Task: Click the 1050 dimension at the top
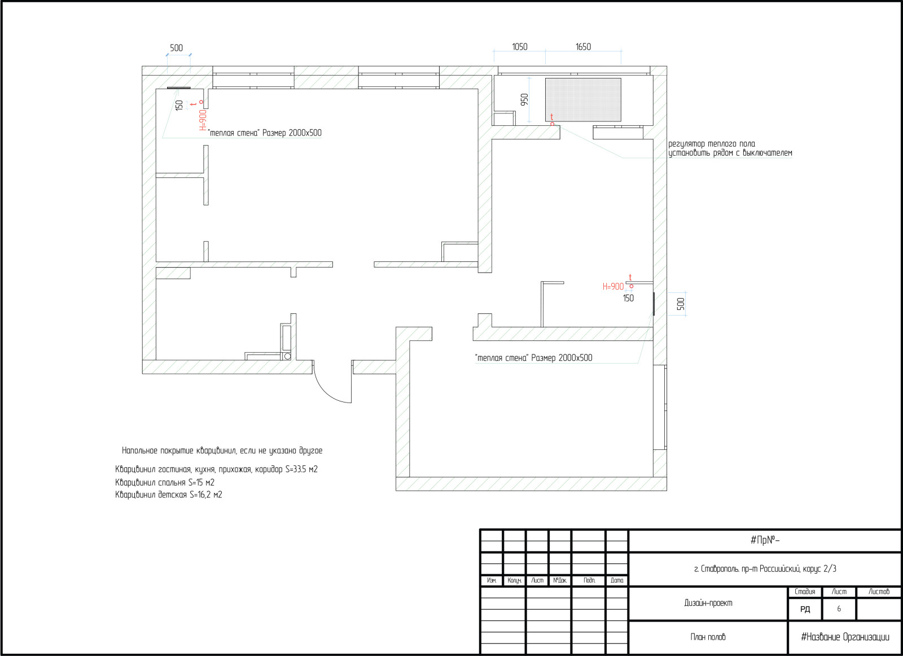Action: (x=520, y=47)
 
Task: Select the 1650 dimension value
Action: (x=583, y=47)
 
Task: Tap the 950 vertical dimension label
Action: (x=524, y=99)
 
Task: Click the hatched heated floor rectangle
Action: (x=583, y=99)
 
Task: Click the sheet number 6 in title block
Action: (x=839, y=609)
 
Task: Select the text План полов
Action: (x=708, y=637)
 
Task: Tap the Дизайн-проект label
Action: (x=708, y=603)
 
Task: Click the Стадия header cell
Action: (x=805, y=592)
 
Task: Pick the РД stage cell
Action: (x=805, y=609)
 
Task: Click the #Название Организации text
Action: (x=845, y=637)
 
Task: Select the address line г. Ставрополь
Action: (x=765, y=569)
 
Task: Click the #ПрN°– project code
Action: (x=765, y=540)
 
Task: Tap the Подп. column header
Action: (x=589, y=580)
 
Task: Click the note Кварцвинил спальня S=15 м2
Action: (x=165, y=482)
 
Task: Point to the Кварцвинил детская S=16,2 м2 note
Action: (x=169, y=495)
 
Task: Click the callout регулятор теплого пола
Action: (x=712, y=144)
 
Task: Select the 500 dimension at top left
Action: (x=176, y=48)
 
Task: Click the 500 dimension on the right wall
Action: (x=681, y=304)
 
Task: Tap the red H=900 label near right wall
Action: (x=613, y=287)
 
